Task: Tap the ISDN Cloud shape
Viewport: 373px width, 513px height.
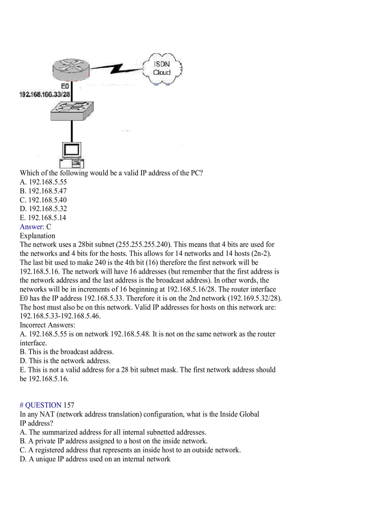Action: pyautogui.click(x=162, y=69)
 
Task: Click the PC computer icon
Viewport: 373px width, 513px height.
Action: pyautogui.click(x=72, y=154)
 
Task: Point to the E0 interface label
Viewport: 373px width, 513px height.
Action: pyautogui.click(x=65, y=86)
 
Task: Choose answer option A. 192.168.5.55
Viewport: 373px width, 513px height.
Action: pyautogui.click(x=43, y=182)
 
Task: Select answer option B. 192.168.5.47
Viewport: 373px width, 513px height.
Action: pyautogui.click(x=43, y=191)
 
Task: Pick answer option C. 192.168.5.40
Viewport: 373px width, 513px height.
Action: pyautogui.click(x=43, y=200)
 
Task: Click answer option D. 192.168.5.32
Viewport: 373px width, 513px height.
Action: pyautogui.click(x=43, y=209)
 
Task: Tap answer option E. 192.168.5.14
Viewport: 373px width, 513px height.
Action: pyautogui.click(x=43, y=218)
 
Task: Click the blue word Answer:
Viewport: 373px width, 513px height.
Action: pyautogui.click(x=32, y=227)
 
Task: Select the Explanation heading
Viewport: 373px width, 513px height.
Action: pyautogui.click(x=37, y=236)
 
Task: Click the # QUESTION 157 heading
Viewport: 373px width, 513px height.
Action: pyautogui.click(x=47, y=405)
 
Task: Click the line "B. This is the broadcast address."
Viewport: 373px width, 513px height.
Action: pyautogui.click(x=67, y=352)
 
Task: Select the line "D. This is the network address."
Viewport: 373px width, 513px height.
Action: pyautogui.click(x=65, y=361)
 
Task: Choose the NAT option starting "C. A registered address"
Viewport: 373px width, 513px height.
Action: pyautogui.click(x=130, y=450)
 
